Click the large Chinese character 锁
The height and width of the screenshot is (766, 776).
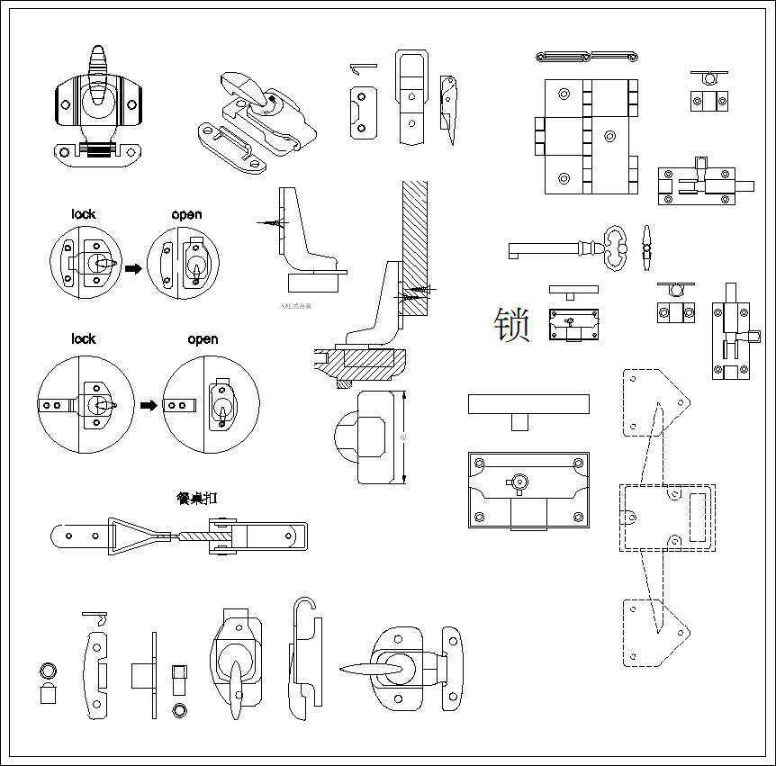coord(511,325)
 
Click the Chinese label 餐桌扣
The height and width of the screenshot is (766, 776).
coord(198,498)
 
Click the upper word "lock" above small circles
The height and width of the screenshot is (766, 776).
coord(84,214)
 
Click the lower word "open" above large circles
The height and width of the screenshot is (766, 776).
coord(203,339)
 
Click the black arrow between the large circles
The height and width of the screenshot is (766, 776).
coord(149,406)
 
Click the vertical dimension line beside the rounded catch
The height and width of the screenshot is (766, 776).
coord(405,438)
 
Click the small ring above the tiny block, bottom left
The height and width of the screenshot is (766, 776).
coord(48,671)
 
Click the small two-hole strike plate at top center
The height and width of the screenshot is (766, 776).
coord(362,112)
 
